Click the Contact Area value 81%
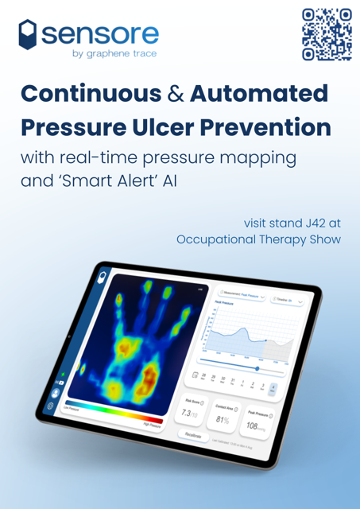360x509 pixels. pos(223,418)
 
